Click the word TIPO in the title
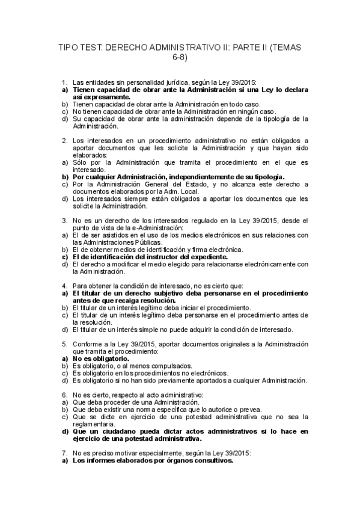click(x=67, y=47)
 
